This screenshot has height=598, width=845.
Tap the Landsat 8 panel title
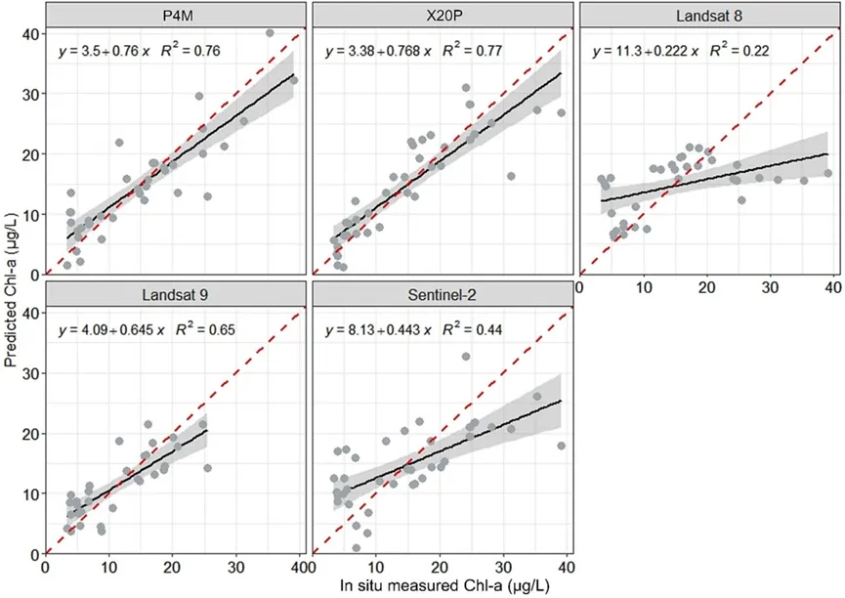pyautogui.click(x=709, y=15)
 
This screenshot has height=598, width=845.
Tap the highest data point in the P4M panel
pyautogui.click(x=270, y=33)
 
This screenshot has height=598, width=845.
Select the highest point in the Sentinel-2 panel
pyautogui.click(x=466, y=357)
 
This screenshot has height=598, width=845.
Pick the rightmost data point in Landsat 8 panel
pyautogui.click(x=827, y=173)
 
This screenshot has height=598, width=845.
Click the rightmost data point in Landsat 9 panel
pyautogui.click(x=207, y=468)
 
